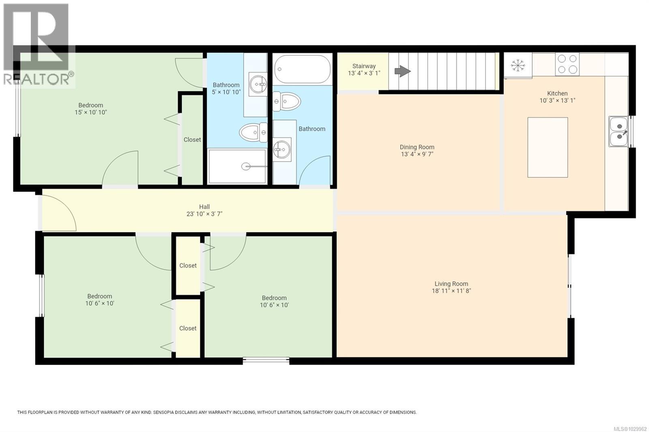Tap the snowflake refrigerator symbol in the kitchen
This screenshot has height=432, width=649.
(518, 65)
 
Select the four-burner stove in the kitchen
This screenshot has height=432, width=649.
(567, 64)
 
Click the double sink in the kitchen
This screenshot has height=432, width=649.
(619, 131)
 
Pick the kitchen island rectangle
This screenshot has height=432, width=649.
(547, 148)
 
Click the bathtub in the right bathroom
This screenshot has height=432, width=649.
(302, 69)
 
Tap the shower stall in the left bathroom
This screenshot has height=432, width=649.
(237, 166)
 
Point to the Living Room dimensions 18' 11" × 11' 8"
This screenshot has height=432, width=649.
(451, 291)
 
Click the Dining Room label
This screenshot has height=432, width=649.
(417, 147)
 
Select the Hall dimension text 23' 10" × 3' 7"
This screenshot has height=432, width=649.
(204, 214)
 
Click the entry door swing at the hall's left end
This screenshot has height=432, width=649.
(58, 213)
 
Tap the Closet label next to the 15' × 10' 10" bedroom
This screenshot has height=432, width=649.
(192, 139)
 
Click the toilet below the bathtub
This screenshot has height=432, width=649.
(286, 101)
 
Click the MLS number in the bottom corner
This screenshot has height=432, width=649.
(630, 428)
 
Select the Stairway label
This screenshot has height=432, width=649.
(364, 66)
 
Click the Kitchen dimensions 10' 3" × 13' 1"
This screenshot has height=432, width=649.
(557, 101)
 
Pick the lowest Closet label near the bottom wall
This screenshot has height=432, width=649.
(188, 328)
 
